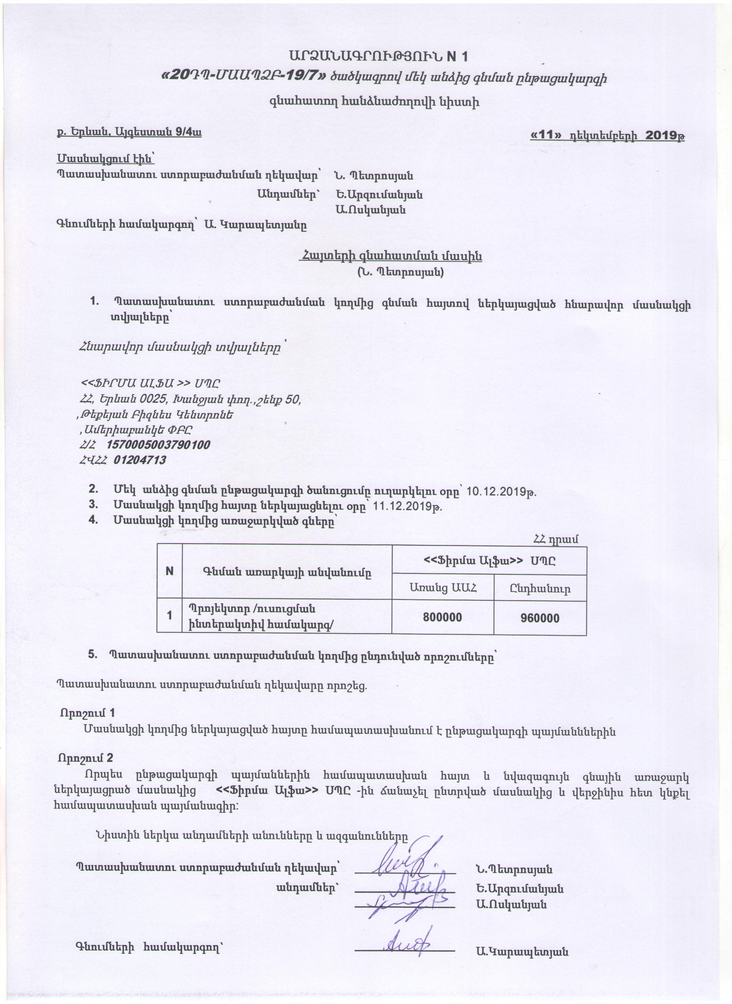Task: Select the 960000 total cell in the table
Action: pos(540,618)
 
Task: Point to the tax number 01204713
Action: pos(140,460)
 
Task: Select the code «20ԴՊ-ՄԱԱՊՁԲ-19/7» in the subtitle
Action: pos(245,77)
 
